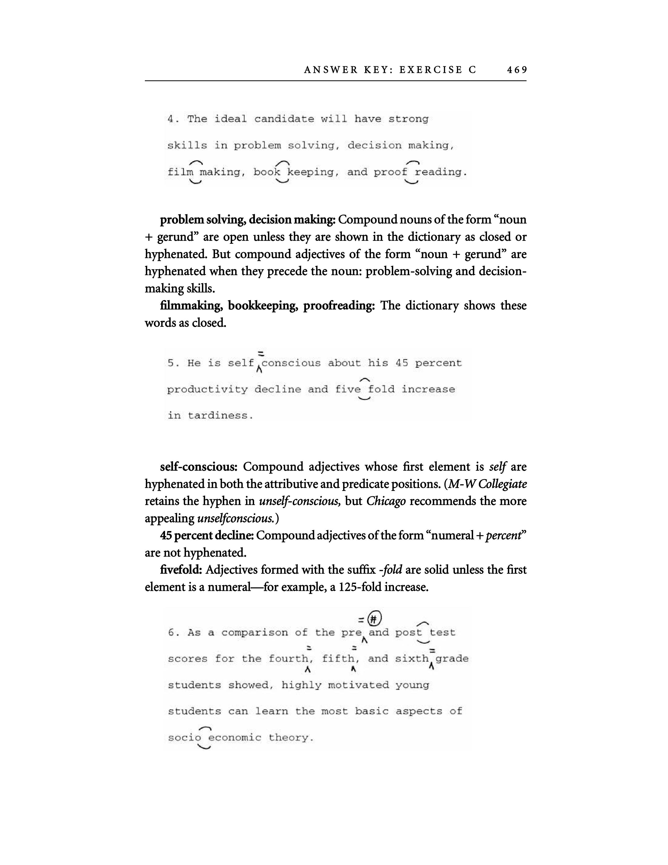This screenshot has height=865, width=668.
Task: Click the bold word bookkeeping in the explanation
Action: (262, 306)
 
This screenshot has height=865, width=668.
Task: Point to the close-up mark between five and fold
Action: (364, 389)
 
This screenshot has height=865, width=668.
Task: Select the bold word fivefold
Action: (181, 570)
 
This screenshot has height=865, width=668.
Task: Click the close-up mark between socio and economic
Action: (205, 737)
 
